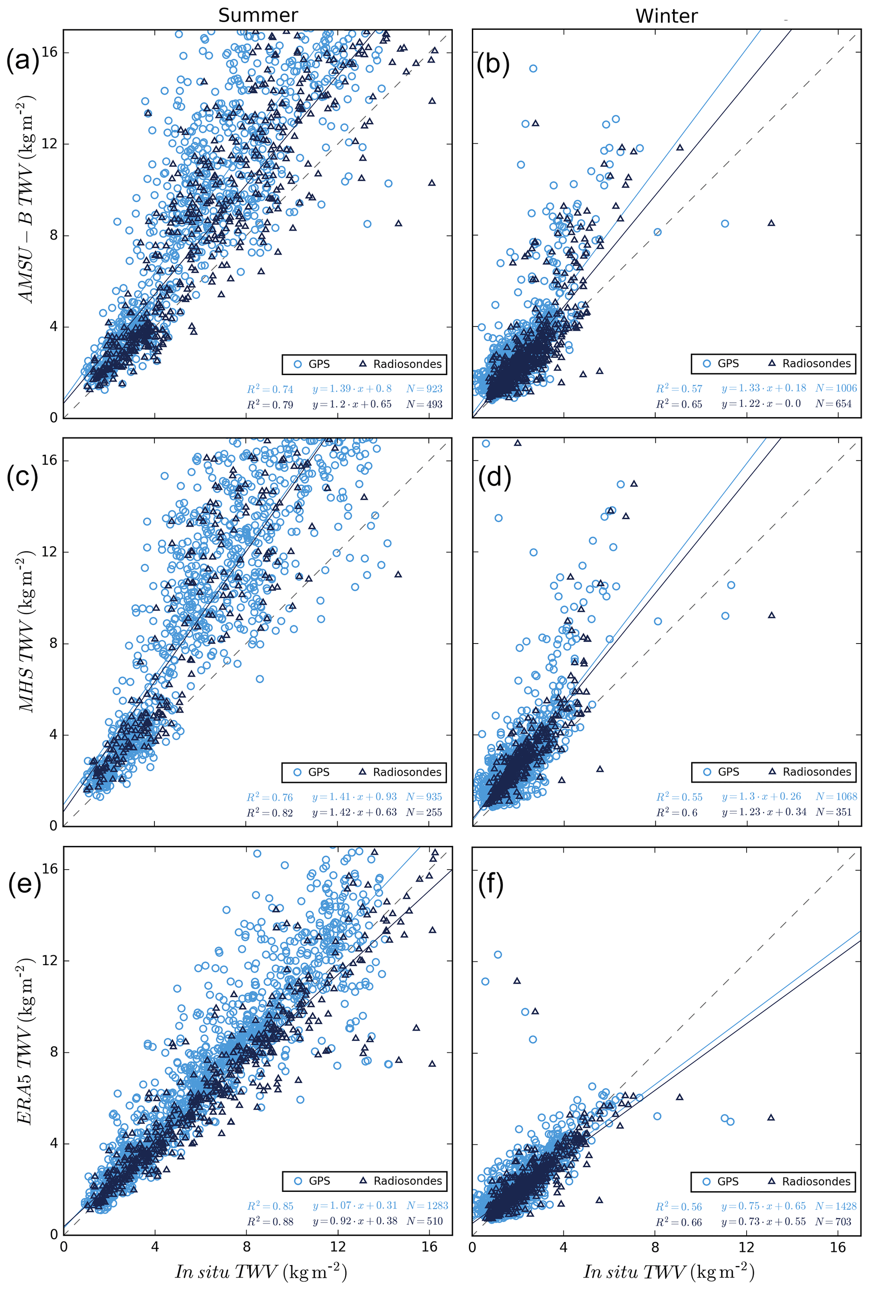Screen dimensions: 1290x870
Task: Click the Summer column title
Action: click(x=258, y=15)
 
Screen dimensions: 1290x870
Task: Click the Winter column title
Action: click(x=666, y=16)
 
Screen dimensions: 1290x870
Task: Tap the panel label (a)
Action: click(x=23, y=60)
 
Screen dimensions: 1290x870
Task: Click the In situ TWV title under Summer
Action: click(x=261, y=1271)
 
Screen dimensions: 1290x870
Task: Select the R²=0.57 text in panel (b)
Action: click(x=679, y=389)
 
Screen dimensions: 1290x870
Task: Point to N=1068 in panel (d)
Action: click(x=836, y=797)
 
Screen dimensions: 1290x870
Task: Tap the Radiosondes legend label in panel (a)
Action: click(x=407, y=364)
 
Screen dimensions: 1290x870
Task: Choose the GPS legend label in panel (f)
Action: click(x=728, y=1181)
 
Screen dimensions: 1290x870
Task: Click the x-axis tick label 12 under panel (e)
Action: click(x=338, y=1247)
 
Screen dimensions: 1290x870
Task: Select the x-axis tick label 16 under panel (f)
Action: click(x=838, y=1247)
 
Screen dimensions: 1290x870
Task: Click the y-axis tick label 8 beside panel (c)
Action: click(x=53, y=644)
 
